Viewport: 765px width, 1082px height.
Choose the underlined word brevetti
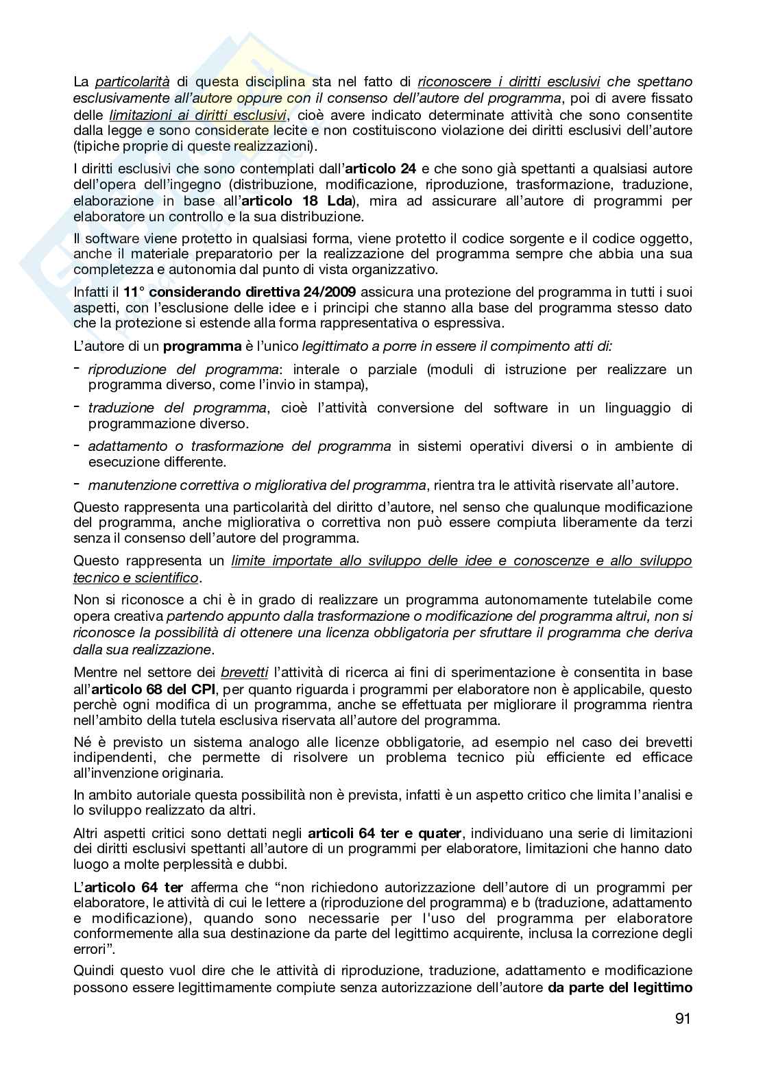245,672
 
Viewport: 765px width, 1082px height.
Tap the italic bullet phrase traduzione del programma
177,408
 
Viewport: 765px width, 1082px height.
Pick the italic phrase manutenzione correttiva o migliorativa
256,485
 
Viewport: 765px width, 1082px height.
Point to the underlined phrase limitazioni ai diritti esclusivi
197,114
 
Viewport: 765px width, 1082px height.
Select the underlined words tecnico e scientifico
136,578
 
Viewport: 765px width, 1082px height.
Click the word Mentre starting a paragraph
96,672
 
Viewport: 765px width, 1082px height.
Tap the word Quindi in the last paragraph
95,970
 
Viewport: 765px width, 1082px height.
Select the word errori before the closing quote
89,950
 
